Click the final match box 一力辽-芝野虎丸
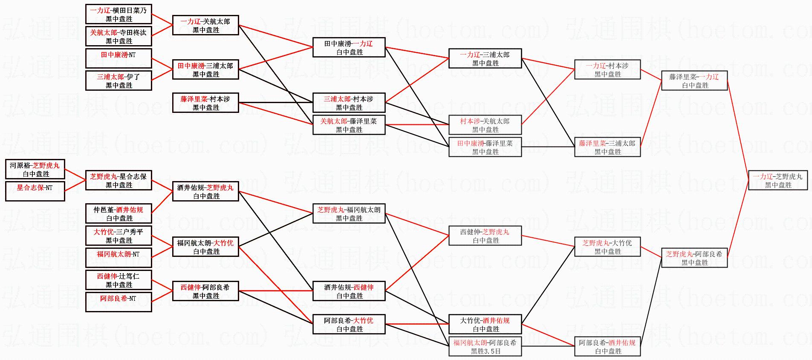778,180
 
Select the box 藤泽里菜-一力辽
694,81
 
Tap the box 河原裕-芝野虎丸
35,169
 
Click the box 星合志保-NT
35,191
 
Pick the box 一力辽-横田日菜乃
118,14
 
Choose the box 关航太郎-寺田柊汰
118,36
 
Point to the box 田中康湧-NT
118,58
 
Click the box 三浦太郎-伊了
118,81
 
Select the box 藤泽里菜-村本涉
205,103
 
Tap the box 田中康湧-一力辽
349,47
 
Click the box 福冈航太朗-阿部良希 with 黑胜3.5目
485,346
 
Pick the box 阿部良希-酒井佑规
607,346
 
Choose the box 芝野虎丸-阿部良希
694,258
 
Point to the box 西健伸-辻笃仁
118,280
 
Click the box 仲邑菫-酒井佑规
118,213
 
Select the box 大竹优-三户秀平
118,236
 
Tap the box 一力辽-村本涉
607,69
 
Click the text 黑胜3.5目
485,351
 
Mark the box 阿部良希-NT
118,302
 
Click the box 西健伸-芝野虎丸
485,236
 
